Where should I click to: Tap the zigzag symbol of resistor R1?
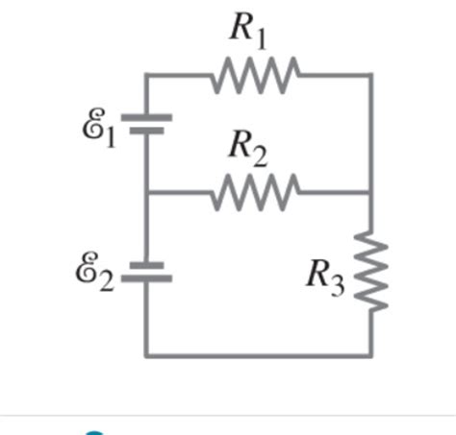point(255,74)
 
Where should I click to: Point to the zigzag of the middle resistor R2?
point(255,191)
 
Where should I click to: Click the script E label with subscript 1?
point(100,129)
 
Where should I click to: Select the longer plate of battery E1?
point(146,117)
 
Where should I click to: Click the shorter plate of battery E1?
point(146,133)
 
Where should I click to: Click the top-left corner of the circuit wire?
point(146,74)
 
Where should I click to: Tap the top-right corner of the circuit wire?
point(372,74)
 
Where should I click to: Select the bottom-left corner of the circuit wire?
point(146,355)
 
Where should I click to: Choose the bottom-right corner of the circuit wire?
point(372,355)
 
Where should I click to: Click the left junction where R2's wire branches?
point(146,191)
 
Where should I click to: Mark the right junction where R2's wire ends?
point(372,191)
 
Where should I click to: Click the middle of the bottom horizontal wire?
point(260,355)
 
